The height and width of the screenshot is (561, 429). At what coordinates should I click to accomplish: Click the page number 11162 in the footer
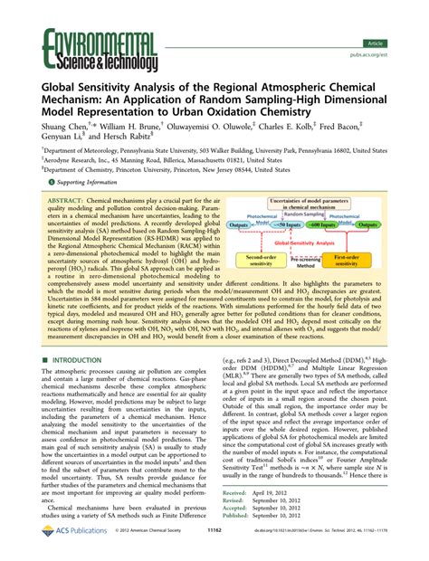pyautogui.click(x=214, y=550)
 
